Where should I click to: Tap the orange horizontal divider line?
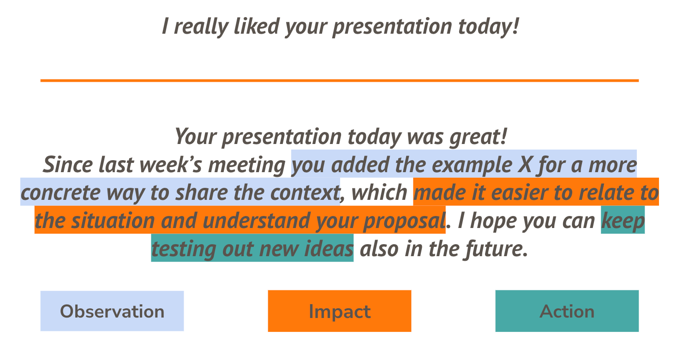[x=339, y=81]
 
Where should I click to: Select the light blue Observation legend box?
[x=112, y=311]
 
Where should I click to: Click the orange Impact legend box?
[x=339, y=311]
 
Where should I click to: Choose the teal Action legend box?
[x=567, y=311]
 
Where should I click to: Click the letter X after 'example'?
[x=524, y=165]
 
